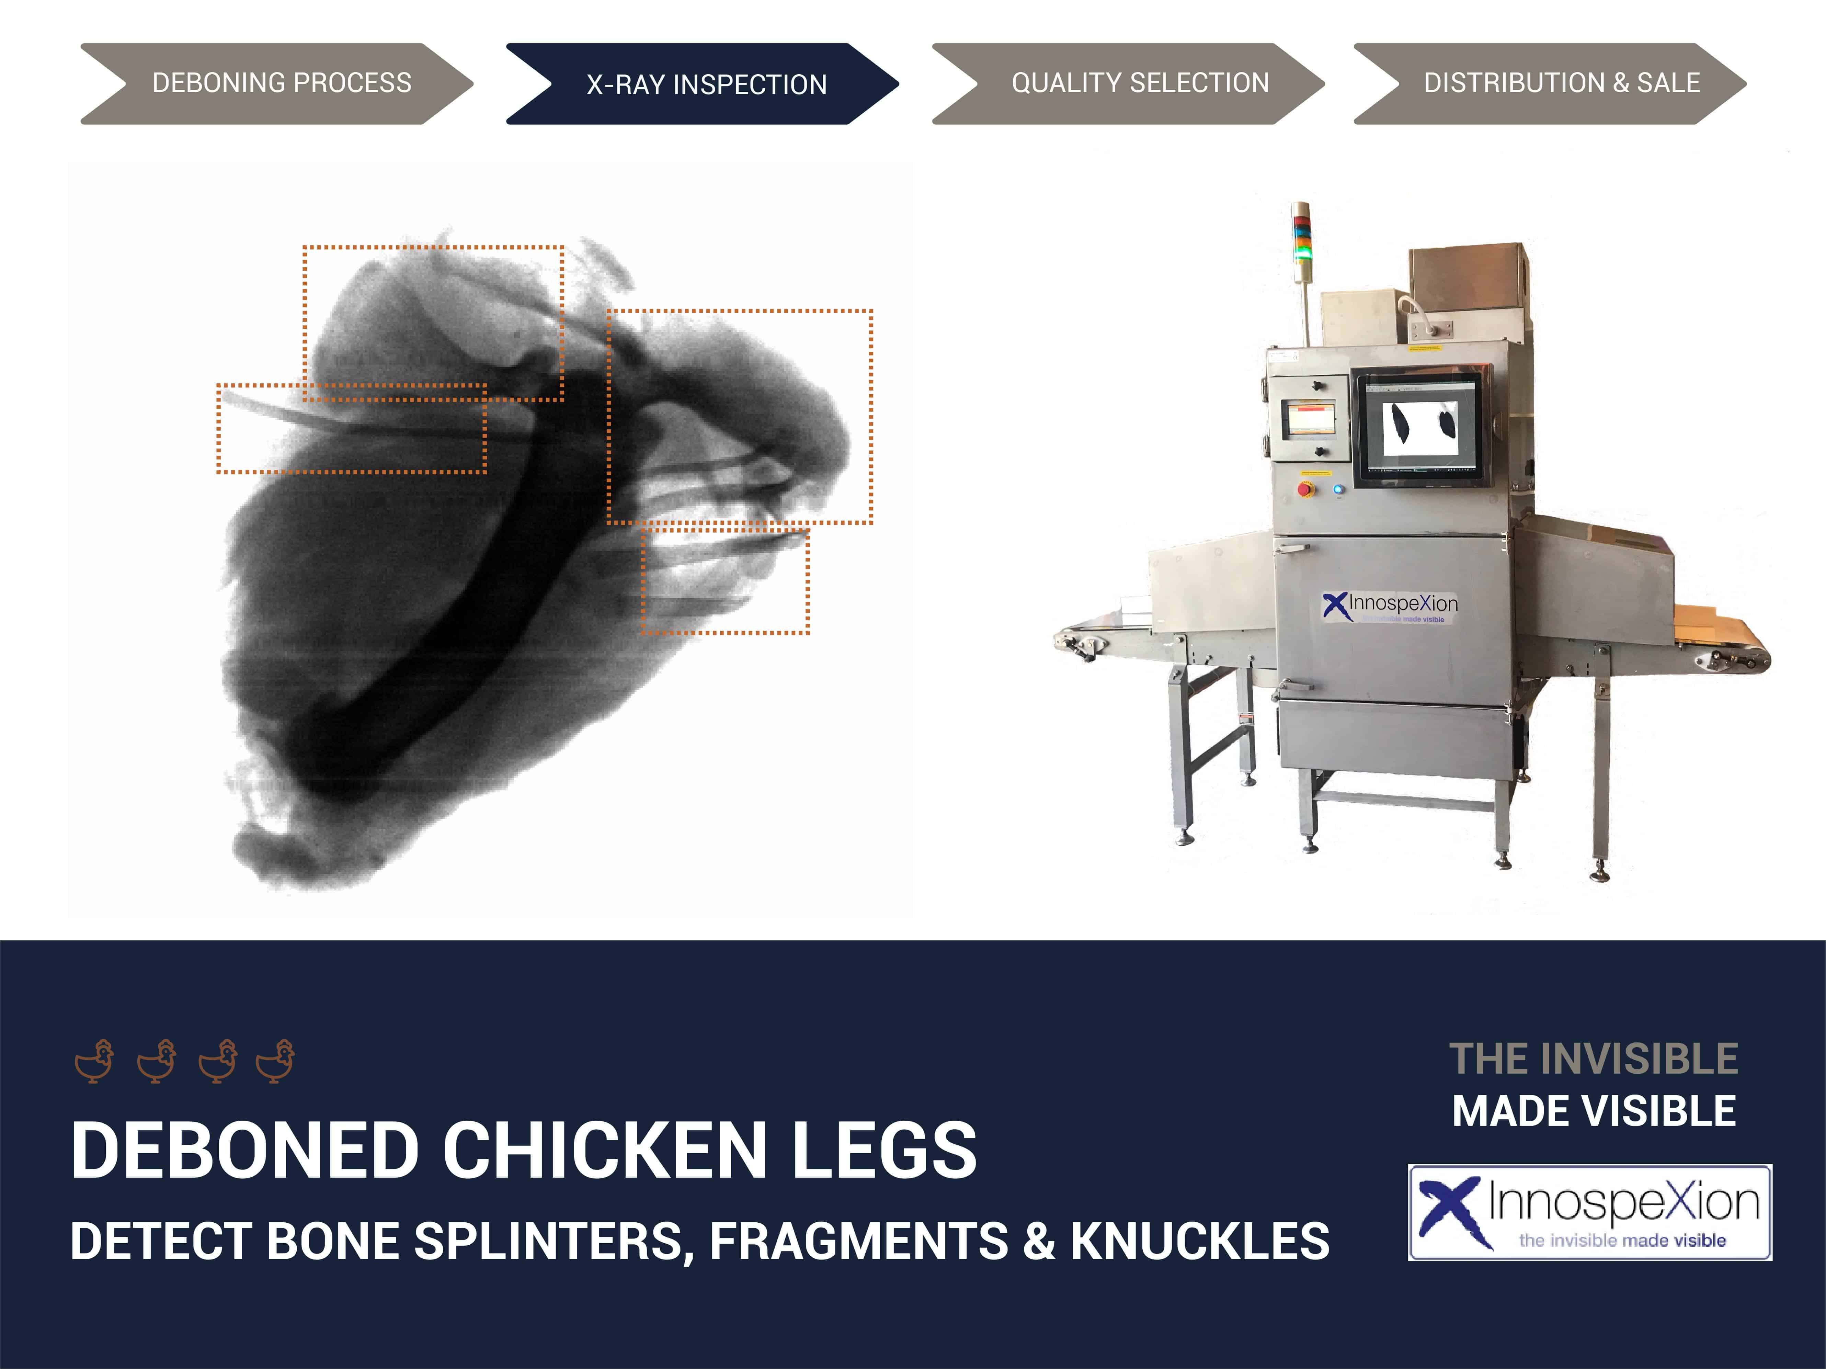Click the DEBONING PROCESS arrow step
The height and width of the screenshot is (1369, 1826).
(x=276, y=83)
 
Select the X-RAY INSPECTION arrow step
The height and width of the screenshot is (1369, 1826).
(x=703, y=83)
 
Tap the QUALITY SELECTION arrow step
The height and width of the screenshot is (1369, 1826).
(x=1128, y=83)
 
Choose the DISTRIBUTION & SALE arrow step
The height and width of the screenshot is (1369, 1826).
(x=1550, y=83)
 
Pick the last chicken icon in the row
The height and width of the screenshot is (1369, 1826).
(x=276, y=1060)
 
